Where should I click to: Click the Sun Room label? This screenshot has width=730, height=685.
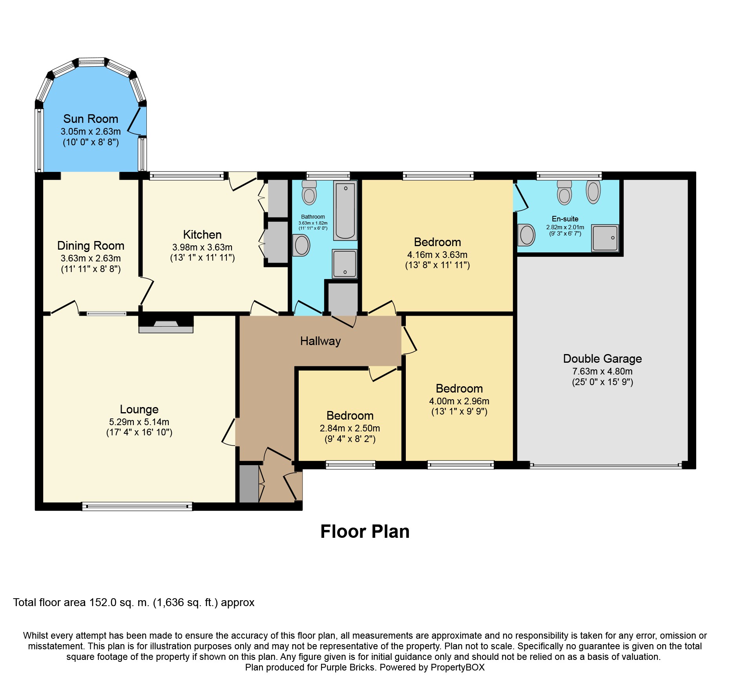91,119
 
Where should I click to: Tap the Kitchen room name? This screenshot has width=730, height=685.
202,234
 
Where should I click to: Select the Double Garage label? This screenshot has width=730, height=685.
602,358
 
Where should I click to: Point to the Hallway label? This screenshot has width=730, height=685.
320,341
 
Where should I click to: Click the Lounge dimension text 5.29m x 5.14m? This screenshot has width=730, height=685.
139,422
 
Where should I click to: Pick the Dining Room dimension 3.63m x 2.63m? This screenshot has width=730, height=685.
91,258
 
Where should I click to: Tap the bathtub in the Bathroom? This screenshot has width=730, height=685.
345,210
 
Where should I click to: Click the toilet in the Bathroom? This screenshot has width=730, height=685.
309,192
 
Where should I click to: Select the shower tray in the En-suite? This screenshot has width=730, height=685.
605,238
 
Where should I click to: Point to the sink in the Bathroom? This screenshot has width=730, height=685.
301,245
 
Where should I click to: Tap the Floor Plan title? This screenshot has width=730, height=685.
365,532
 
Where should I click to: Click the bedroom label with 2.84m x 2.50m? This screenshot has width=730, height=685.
350,415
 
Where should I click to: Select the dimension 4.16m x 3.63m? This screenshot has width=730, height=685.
437,255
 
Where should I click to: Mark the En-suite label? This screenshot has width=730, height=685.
565,219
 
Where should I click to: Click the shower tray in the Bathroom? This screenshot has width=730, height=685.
345,263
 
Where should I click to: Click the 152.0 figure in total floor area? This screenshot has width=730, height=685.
103,603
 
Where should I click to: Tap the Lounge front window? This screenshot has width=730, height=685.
137,506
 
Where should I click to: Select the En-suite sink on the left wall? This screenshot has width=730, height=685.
526,235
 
